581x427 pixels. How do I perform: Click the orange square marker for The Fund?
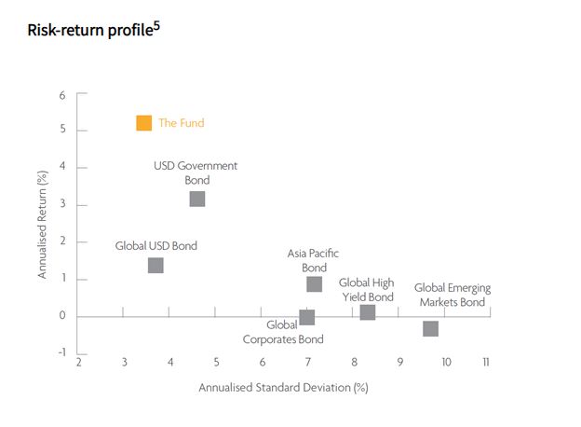[143, 122]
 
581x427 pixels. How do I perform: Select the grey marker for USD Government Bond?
[196, 199]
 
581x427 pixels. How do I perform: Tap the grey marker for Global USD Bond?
[155, 266]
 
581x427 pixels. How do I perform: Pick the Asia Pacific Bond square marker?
[314, 284]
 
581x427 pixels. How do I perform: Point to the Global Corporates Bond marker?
[307, 318]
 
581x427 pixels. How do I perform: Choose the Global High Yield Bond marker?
[367, 312]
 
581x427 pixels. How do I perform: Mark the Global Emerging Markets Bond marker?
[430, 328]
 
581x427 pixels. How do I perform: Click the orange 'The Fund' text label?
[181, 123]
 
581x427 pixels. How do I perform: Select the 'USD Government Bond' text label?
[196, 172]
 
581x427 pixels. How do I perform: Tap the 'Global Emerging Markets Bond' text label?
[452, 296]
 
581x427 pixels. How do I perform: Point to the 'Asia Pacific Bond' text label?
[314, 260]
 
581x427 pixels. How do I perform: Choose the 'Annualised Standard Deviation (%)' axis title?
[284, 387]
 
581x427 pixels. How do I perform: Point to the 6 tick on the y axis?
[62, 94]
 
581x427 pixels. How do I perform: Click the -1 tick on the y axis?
[61, 352]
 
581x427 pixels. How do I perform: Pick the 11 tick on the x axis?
[485, 362]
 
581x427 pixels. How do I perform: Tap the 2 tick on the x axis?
[78, 362]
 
